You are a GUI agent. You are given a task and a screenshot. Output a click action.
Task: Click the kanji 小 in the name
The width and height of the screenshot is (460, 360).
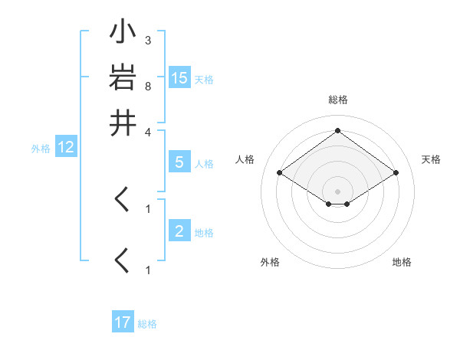tap(123, 34)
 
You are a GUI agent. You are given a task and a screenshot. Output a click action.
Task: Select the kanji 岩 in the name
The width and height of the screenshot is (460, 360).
tap(123, 78)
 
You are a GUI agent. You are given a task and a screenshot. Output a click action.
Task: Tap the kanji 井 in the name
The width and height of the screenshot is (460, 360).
tap(123, 123)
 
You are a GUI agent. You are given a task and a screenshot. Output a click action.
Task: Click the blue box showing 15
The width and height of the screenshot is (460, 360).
tap(179, 78)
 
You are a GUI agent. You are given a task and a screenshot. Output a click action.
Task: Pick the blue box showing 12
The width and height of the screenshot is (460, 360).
tap(65, 148)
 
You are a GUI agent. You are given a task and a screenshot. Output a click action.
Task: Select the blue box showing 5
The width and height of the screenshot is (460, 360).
tap(179, 162)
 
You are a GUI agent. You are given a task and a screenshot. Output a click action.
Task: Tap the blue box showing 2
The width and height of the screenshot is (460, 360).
tap(179, 231)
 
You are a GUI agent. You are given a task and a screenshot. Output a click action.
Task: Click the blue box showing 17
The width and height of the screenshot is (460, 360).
tap(123, 322)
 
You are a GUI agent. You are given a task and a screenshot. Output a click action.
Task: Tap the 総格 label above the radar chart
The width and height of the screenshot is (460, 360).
tap(337, 100)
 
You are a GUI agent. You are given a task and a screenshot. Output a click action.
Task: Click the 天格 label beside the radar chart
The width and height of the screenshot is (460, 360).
tap(431, 159)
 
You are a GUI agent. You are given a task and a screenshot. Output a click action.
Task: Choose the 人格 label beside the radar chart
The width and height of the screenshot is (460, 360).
tap(245, 159)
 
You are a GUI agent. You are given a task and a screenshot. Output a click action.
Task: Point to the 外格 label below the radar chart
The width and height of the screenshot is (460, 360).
tap(270, 262)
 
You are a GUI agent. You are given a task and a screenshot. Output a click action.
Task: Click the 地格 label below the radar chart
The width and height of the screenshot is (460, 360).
tap(402, 262)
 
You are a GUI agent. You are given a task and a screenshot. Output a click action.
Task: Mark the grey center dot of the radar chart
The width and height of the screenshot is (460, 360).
tap(337, 191)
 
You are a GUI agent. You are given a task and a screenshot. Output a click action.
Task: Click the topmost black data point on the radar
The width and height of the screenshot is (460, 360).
tap(337, 130)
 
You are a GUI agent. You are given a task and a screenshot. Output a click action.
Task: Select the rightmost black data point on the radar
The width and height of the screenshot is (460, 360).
tap(396, 173)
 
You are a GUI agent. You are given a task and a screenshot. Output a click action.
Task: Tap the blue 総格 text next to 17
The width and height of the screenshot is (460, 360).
tap(147, 324)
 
